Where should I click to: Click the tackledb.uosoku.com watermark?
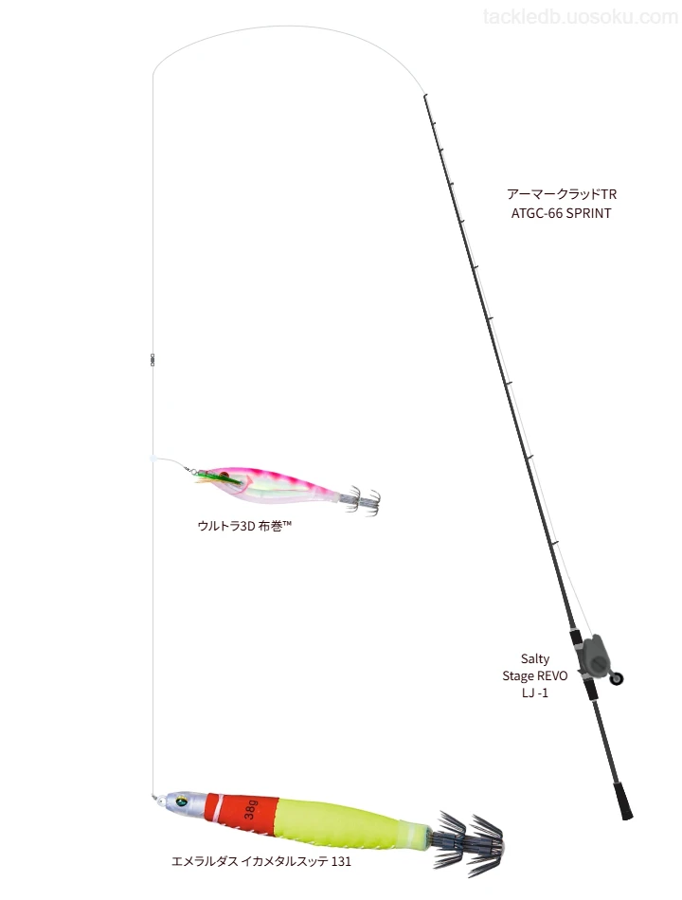point(581,17)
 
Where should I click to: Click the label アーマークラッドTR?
point(562,194)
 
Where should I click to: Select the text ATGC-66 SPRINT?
point(562,213)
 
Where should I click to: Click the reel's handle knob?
point(617,679)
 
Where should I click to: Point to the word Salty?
point(535,659)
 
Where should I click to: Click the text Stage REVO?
point(535,675)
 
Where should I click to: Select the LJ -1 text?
point(535,693)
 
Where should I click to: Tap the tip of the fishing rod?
point(424,95)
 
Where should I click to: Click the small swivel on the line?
point(153,360)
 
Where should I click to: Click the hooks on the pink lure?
point(360,500)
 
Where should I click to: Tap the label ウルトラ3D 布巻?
point(244,525)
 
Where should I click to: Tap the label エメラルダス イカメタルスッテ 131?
point(261,861)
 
